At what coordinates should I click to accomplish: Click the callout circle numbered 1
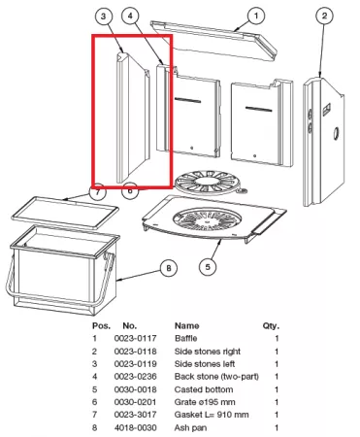click(256, 16)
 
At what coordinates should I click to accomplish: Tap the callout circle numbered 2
click(324, 16)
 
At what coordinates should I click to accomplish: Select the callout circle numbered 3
click(103, 16)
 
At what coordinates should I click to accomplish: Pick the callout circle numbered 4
click(130, 16)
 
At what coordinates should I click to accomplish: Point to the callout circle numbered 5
click(208, 267)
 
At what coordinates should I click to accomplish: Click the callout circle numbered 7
click(97, 192)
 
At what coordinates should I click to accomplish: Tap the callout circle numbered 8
click(169, 268)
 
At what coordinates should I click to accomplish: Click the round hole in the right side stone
click(336, 133)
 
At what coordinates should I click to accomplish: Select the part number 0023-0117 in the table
click(135, 339)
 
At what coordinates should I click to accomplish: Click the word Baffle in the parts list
click(186, 339)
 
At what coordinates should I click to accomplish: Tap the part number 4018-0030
click(135, 427)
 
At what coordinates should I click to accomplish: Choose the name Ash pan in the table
click(190, 428)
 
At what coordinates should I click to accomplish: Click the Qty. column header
click(271, 326)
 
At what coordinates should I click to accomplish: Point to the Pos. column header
click(101, 325)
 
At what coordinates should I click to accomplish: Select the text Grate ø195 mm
click(205, 402)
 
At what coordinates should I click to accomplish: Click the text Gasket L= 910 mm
click(212, 415)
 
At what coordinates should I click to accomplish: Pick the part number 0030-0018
click(135, 389)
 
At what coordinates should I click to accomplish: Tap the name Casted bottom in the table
click(204, 389)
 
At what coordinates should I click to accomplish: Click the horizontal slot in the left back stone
click(187, 100)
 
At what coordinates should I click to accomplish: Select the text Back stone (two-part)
click(216, 377)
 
